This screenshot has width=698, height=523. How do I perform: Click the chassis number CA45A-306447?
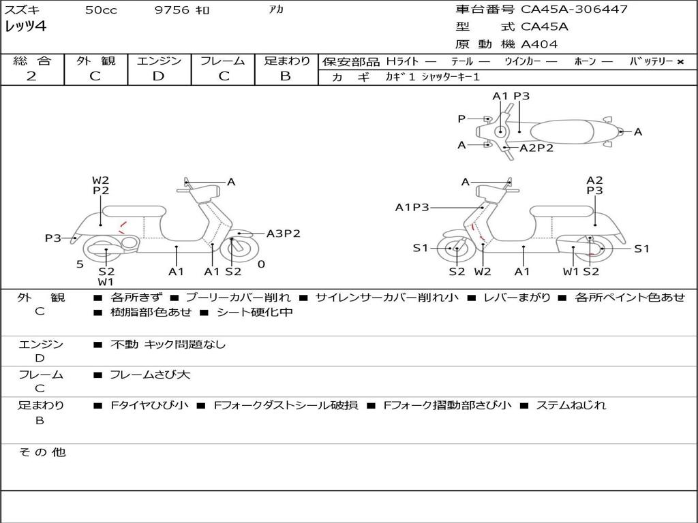(574, 9)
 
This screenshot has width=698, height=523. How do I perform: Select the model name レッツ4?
(25, 27)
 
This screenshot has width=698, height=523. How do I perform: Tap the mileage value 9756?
(172, 10)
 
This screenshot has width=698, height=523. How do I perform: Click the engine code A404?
(539, 44)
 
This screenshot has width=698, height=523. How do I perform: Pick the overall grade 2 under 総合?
(31, 76)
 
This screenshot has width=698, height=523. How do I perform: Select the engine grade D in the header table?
(158, 76)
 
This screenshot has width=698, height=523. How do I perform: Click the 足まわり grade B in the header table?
(286, 76)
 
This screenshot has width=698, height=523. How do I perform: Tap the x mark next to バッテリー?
(680, 62)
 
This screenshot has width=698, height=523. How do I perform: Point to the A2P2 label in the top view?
(536, 148)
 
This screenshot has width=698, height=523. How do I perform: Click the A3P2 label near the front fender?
(283, 234)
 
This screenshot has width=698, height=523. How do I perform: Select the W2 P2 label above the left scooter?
(101, 185)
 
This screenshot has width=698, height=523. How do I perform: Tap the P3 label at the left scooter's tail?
(53, 238)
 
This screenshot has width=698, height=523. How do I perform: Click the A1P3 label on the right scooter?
(412, 207)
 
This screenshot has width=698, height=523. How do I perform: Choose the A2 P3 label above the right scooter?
(594, 185)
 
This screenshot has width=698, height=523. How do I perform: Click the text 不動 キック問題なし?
(168, 344)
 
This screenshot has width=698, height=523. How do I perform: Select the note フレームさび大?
(150, 375)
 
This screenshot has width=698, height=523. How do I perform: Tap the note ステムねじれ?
(571, 405)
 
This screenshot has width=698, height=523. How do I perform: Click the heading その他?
(42, 452)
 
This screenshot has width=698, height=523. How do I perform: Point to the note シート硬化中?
(255, 312)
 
